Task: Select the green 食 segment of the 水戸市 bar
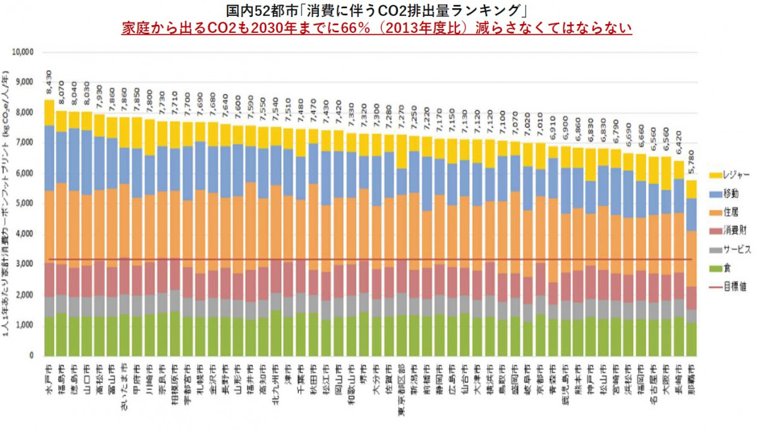click(49, 336)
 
